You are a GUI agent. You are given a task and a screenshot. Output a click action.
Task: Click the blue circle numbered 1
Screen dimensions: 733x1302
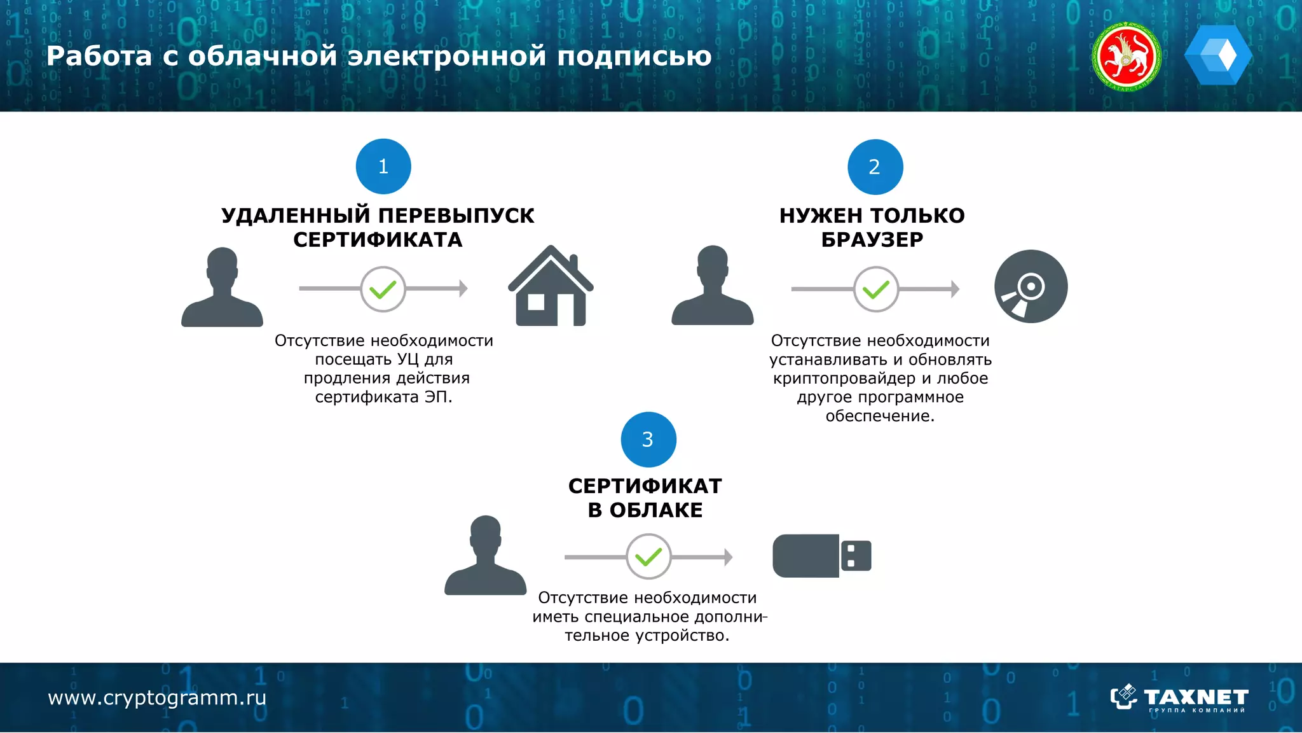[383, 167]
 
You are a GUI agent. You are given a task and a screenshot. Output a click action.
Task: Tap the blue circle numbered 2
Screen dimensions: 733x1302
[875, 167]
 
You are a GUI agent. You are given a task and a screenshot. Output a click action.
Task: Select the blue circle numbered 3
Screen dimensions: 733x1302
[648, 440]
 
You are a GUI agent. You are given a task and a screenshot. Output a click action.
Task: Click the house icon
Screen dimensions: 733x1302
[551, 287]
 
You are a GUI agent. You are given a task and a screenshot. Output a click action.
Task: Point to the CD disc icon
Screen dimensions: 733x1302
[1031, 286]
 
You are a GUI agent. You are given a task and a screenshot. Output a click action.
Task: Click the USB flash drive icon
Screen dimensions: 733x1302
[821, 555]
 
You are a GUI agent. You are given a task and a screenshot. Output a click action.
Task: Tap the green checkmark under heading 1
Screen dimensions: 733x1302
[383, 290]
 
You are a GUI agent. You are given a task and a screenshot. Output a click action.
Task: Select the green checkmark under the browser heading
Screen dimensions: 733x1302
[876, 290]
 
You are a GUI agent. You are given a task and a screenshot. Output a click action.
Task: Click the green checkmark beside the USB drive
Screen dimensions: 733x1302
[648, 557]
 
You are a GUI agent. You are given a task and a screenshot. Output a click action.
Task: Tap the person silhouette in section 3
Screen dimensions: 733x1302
[486, 556]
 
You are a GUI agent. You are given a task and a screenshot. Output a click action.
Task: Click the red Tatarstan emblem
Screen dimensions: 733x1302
[1127, 57]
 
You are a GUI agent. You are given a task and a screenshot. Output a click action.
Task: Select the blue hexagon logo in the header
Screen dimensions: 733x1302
[1218, 55]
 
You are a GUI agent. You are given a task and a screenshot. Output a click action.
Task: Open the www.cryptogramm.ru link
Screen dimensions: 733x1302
[157, 698]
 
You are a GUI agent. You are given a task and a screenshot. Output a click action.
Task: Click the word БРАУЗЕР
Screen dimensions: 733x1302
[872, 240]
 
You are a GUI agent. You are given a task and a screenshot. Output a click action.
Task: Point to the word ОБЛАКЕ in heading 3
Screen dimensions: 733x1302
[656, 510]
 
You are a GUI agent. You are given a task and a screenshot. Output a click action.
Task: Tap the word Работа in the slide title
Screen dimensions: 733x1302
[99, 56]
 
